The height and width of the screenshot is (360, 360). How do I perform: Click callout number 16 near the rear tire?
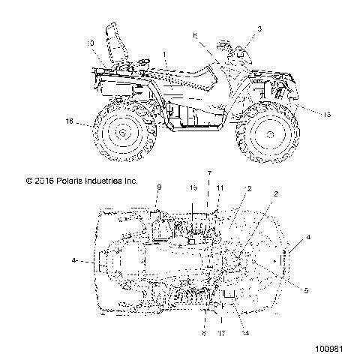(69, 121)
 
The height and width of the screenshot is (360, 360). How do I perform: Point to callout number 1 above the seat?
(165, 55)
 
